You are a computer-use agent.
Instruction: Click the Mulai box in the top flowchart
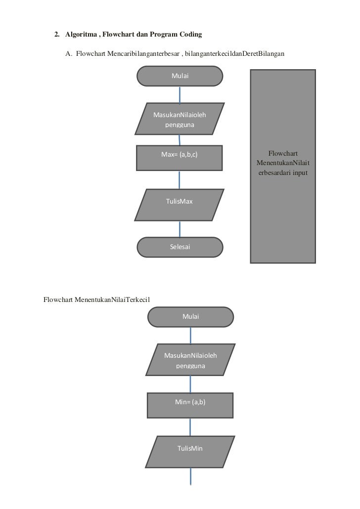[x=180, y=76]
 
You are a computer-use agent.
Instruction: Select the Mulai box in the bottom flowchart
[x=190, y=317]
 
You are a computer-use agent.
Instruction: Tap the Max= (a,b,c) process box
[x=180, y=158]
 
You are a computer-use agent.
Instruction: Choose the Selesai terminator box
[x=180, y=247]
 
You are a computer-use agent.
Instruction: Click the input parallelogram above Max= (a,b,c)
[x=180, y=119]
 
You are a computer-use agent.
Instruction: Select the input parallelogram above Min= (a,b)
[x=190, y=359]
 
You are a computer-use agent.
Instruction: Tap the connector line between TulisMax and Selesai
[x=180, y=229]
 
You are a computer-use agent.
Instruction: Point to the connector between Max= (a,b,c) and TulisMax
[x=180, y=180]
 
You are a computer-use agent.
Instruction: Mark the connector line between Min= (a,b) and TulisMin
[x=190, y=426]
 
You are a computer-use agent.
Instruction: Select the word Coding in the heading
[x=190, y=35]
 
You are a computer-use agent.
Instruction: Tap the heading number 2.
[x=56, y=35]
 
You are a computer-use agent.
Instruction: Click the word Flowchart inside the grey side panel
[x=283, y=153]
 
